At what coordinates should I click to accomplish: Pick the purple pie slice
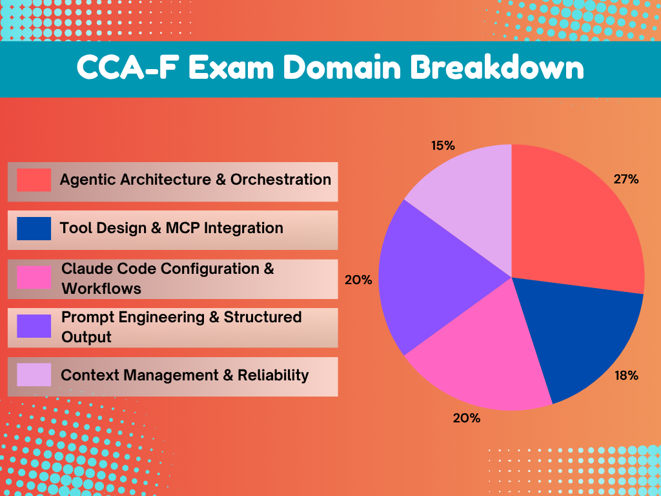tap(429, 278)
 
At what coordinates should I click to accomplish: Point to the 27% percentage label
tap(626, 180)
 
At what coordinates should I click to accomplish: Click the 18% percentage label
tap(626, 375)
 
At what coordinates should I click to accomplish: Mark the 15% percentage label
tap(443, 145)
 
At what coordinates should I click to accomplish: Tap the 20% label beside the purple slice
tap(359, 280)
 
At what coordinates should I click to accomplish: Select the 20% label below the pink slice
tap(467, 418)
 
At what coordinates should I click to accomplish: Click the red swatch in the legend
tap(34, 180)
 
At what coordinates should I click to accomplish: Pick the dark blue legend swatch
tap(34, 229)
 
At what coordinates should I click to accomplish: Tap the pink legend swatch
tap(34, 278)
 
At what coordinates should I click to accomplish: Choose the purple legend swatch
tap(34, 326)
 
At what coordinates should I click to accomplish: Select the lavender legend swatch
tap(34, 375)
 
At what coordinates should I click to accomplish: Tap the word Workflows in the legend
tap(101, 288)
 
